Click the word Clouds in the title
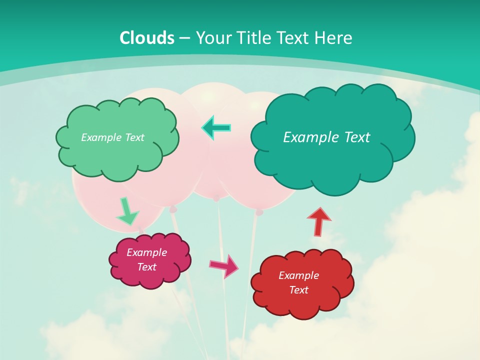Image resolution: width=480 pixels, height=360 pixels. click(x=147, y=38)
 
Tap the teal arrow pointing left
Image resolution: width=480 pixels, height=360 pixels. click(x=216, y=128)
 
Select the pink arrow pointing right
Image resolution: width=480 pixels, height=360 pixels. click(x=224, y=266)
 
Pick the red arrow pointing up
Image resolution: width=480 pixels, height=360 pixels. click(x=319, y=221)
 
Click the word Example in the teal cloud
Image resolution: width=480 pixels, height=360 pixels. click(x=308, y=137)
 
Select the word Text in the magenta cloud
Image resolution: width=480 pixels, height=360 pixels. click(x=146, y=267)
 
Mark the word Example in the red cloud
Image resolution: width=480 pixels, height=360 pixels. click(x=298, y=275)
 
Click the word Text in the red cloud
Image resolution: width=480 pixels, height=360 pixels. click(x=298, y=290)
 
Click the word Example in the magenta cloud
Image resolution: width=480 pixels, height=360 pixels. click(x=146, y=252)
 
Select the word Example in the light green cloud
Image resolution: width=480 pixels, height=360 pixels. click(x=100, y=137)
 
